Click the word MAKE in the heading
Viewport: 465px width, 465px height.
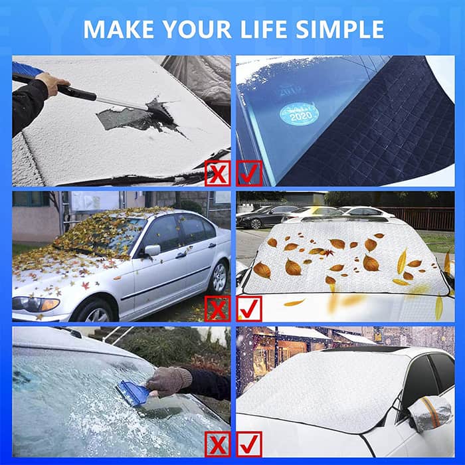[119, 29]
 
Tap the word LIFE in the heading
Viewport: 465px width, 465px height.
[263, 29]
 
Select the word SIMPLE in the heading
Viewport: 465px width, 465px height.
[340, 29]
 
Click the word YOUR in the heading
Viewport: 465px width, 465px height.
[197, 29]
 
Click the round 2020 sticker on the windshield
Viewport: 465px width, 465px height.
[299, 114]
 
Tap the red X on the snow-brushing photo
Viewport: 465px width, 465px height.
[218, 173]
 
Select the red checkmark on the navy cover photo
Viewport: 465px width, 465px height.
[249, 173]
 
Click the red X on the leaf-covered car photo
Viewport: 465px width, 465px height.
[218, 309]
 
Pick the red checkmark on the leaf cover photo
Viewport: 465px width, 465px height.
[249, 309]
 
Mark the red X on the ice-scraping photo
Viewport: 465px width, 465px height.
[218, 444]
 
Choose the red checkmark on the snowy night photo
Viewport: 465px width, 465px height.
[249, 444]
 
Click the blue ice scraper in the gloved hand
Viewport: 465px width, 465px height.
[134, 393]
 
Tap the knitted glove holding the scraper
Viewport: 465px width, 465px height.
[169, 381]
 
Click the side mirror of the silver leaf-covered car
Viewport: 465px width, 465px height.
[151, 250]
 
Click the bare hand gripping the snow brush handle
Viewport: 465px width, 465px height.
[52, 83]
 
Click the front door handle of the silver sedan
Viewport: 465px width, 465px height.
[181, 255]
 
